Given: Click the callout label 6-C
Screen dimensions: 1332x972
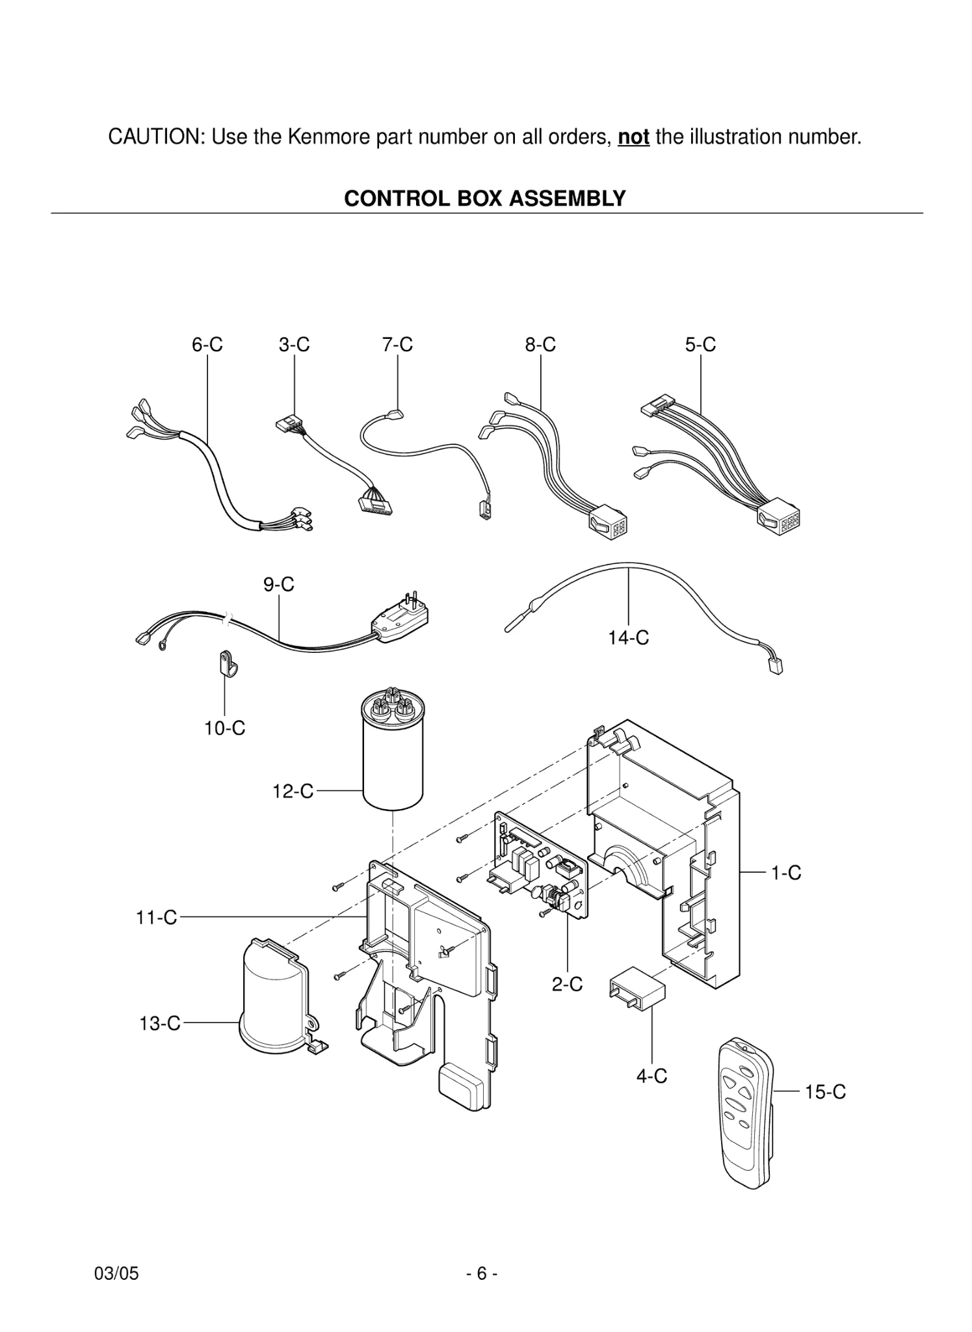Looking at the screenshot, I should click(x=207, y=345).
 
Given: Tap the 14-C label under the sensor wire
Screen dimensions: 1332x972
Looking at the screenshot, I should click(x=628, y=638).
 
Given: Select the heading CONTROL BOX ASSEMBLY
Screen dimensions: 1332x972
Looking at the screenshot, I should click(x=484, y=198).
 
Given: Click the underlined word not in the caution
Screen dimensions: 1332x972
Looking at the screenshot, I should click(x=633, y=137).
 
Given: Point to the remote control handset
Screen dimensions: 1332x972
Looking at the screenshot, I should click(x=746, y=1112).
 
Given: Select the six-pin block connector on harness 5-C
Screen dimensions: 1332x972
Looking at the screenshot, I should click(x=778, y=520).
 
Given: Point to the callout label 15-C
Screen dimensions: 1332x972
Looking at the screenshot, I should click(x=825, y=1092).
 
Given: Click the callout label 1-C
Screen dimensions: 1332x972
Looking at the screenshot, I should click(x=786, y=873).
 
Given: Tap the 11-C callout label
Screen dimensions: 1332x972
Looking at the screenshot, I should click(x=156, y=918).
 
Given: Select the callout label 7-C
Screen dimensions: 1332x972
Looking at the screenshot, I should click(x=397, y=345).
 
